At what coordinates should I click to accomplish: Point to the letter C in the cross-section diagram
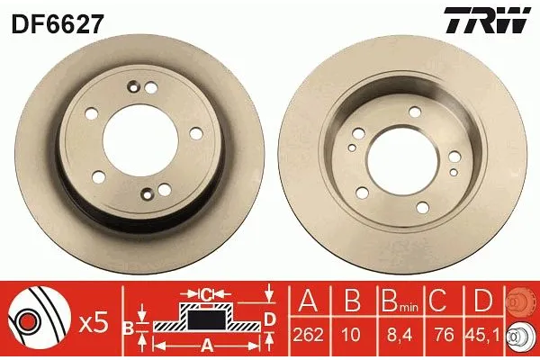click(x=205, y=292)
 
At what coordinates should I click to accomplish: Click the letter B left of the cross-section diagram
click(x=129, y=327)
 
